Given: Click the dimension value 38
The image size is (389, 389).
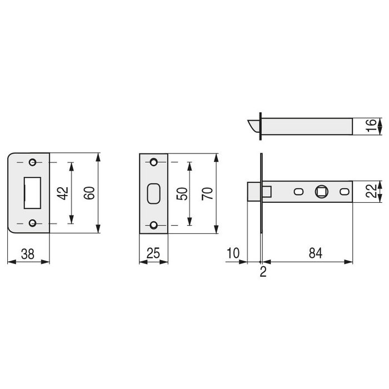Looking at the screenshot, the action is click(28, 254).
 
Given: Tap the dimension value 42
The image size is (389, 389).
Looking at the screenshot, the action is click(62, 193).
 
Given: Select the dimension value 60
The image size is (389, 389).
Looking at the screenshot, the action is click(89, 193).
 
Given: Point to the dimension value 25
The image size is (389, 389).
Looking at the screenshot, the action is click(153, 253).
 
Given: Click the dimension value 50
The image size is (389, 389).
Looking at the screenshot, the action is click(182, 194).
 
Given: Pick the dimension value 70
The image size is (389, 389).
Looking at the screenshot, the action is click(207, 194).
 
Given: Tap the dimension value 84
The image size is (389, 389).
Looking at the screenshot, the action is click(316, 253).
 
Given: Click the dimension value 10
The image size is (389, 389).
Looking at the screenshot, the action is click(233, 253).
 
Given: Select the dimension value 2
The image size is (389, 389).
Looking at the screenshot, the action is click(263, 272).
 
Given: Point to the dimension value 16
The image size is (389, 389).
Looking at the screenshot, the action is click(371, 126).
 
